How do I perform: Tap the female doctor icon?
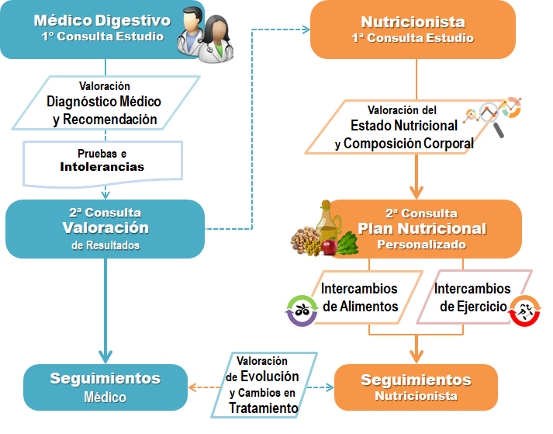216,39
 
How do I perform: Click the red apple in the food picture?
330,246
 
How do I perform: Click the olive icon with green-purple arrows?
302,311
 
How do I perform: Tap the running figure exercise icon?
524,311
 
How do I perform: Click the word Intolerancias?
102,167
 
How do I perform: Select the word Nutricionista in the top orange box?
413,22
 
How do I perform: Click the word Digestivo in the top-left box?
133,20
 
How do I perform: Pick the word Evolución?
270,377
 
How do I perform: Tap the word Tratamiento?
264,408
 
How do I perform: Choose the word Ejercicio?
473,307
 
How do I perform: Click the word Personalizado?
421,245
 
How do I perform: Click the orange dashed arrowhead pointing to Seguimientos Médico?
192,387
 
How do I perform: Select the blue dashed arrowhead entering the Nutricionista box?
306,30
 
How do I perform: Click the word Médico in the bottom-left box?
105,398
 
